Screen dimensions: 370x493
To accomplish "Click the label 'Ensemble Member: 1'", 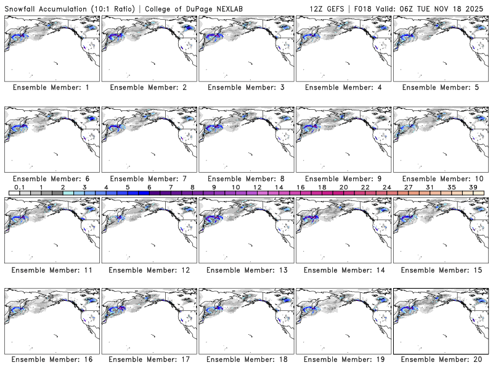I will pos(51,88).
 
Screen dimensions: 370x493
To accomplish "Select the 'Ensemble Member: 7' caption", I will pos(148,178).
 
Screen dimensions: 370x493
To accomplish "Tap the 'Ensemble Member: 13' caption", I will pos(245,269).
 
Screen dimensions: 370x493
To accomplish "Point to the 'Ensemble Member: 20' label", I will pos(439,360).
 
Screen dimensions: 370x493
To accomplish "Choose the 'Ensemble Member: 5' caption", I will pos(439,88).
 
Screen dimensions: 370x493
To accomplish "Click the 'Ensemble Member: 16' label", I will pos(51,360).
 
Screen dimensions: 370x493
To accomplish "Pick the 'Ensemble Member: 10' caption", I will pos(439,178).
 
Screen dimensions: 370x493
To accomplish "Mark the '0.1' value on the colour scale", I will pos(20,187).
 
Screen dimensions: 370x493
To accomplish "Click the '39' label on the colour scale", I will pos(472,187).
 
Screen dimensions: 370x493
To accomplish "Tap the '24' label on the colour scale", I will pos(386,187).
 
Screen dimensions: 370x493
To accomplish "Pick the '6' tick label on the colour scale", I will pos(149,187).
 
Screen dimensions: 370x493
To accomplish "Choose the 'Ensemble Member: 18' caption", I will pos(245,360).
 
